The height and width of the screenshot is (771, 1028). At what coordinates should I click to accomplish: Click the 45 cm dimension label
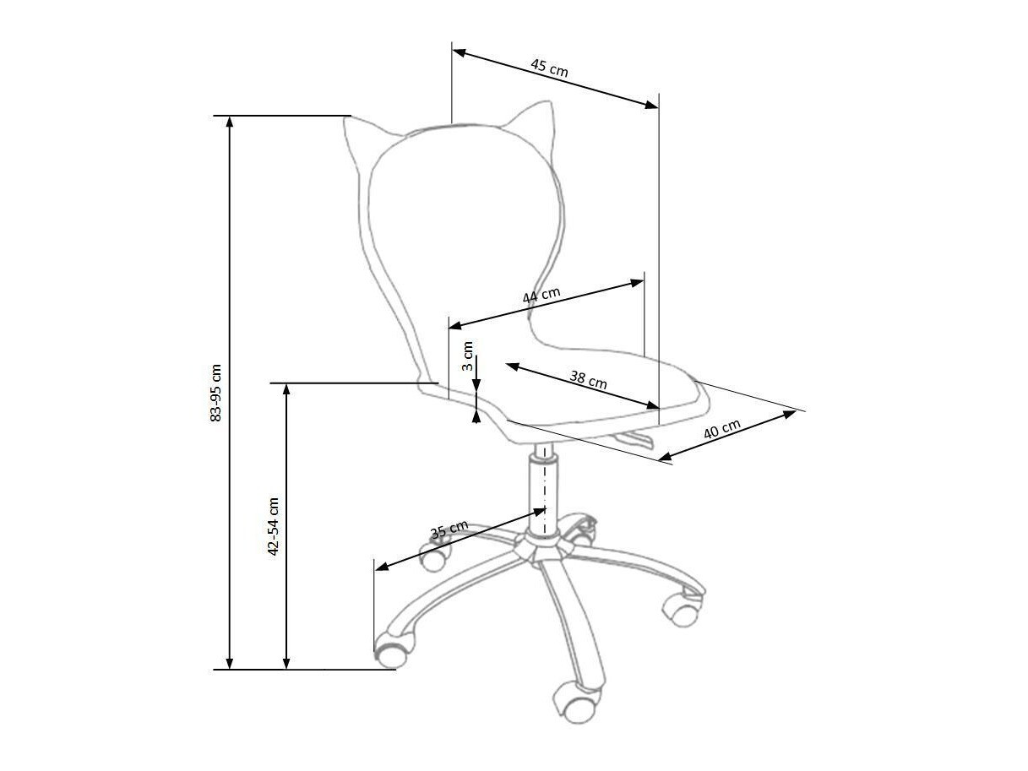549,68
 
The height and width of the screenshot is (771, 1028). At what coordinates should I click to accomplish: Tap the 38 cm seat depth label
588,379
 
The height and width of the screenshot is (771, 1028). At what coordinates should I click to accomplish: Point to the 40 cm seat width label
722,429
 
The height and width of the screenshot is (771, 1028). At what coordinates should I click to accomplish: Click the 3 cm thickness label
467,356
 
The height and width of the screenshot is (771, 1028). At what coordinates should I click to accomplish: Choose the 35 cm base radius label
449,529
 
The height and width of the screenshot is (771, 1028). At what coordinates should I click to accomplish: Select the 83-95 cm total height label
215,393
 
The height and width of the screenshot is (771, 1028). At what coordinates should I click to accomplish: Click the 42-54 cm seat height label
273,526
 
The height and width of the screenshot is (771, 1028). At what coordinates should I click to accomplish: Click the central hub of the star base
543,549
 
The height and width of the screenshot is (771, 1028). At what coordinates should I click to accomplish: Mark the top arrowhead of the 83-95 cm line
229,122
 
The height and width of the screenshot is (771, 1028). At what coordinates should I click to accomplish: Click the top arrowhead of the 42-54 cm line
286,389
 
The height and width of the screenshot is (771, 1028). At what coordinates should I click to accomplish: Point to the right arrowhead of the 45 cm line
651,106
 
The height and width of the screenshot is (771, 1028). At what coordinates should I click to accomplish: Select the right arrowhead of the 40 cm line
790,414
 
